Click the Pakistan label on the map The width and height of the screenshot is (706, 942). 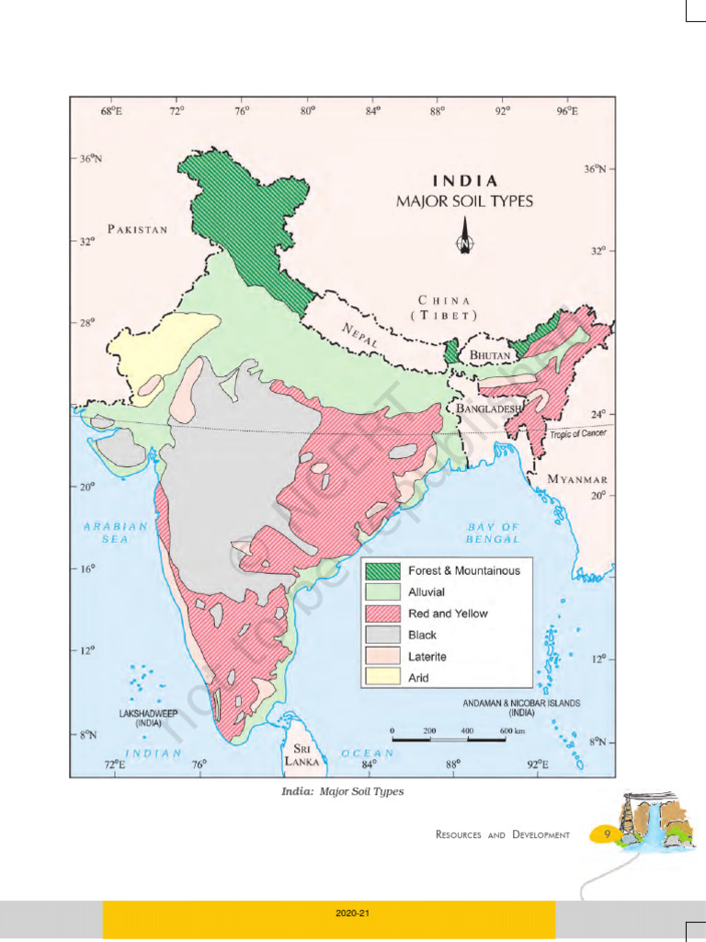click(138, 229)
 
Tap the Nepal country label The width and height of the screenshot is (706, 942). click(361, 335)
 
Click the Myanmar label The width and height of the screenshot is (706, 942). click(577, 479)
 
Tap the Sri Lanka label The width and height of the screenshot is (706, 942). click(302, 755)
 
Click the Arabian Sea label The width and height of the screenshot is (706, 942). click(116, 533)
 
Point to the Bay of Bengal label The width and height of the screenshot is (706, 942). click(493, 533)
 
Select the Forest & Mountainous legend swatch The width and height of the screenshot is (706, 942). click(384, 570)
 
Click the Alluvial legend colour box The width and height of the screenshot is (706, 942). click(384, 592)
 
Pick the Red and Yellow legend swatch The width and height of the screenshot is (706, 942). click(384, 614)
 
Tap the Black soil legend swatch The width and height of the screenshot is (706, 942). click(384, 635)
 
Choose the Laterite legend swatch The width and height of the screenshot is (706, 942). click(384, 657)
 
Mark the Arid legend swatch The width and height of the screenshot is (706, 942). click(384, 678)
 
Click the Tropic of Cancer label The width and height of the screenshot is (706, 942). click(578, 433)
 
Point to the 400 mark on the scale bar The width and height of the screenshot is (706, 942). click(467, 729)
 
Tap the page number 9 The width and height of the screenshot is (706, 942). click(608, 833)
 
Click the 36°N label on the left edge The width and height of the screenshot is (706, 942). click(89, 158)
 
